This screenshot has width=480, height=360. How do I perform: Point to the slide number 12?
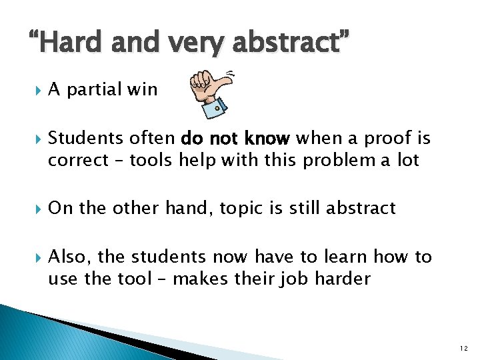click(x=465, y=347)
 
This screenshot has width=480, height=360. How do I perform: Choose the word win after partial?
click(x=143, y=89)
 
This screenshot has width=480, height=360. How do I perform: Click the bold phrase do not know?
click(x=235, y=139)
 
